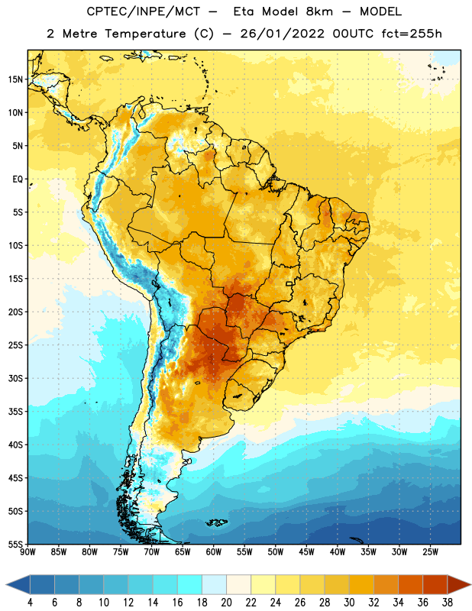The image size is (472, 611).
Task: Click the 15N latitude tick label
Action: tap(15, 79)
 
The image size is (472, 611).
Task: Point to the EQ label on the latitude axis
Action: tap(18, 179)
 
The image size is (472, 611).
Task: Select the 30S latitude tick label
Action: tap(15, 378)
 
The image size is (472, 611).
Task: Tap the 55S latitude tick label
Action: tap(15, 545)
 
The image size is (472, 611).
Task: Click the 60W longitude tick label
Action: tap(214, 552)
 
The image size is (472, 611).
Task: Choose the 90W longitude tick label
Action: tap(27, 552)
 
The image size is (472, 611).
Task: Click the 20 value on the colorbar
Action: tap(226, 603)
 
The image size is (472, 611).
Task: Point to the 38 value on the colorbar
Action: tap(448, 603)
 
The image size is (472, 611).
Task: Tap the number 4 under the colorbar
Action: tap(30, 603)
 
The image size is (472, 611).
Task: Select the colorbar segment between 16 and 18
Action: tap(190, 584)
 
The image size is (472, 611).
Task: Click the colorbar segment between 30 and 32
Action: tap(361, 584)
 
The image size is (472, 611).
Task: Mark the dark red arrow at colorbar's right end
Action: tap(458, 584)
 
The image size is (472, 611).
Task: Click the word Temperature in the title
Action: tap(145, 34)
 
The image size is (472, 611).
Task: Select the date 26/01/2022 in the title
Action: tap(282, 34)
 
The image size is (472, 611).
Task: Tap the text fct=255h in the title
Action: tap(412, 34)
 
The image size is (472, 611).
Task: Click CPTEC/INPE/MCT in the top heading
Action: tap(143, 11)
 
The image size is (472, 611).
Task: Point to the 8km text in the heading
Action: tap(319, 11)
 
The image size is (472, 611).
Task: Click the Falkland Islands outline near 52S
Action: tap(217, 522)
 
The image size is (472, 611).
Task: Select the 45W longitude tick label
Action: tap(306, 552)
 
